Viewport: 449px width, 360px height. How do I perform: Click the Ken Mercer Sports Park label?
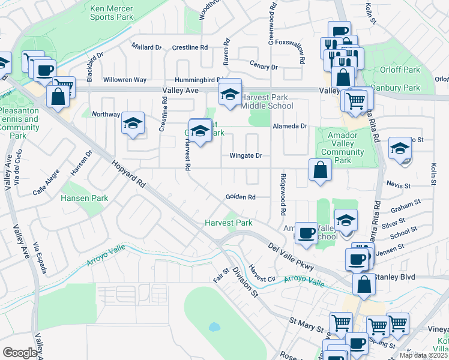tap(112, 13)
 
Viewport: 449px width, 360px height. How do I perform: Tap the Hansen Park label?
tap(84, 197)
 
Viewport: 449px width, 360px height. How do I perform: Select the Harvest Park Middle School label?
tap(264, 101)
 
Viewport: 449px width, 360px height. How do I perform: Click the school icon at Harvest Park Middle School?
tap(229, 94)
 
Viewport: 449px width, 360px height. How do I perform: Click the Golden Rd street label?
tap(241, 197)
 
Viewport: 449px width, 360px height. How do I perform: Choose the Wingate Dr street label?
tap(246, 155)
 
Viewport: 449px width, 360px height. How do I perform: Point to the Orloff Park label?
tap(400, 70)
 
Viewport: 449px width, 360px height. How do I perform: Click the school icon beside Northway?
tap(133, 124)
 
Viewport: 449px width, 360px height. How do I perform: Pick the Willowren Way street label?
tap(125, 80)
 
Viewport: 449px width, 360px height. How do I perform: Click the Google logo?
tap(20, 353)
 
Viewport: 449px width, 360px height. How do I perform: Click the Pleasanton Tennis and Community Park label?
tap(20, 123)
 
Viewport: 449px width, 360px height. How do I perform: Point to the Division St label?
tap(245, 282)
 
